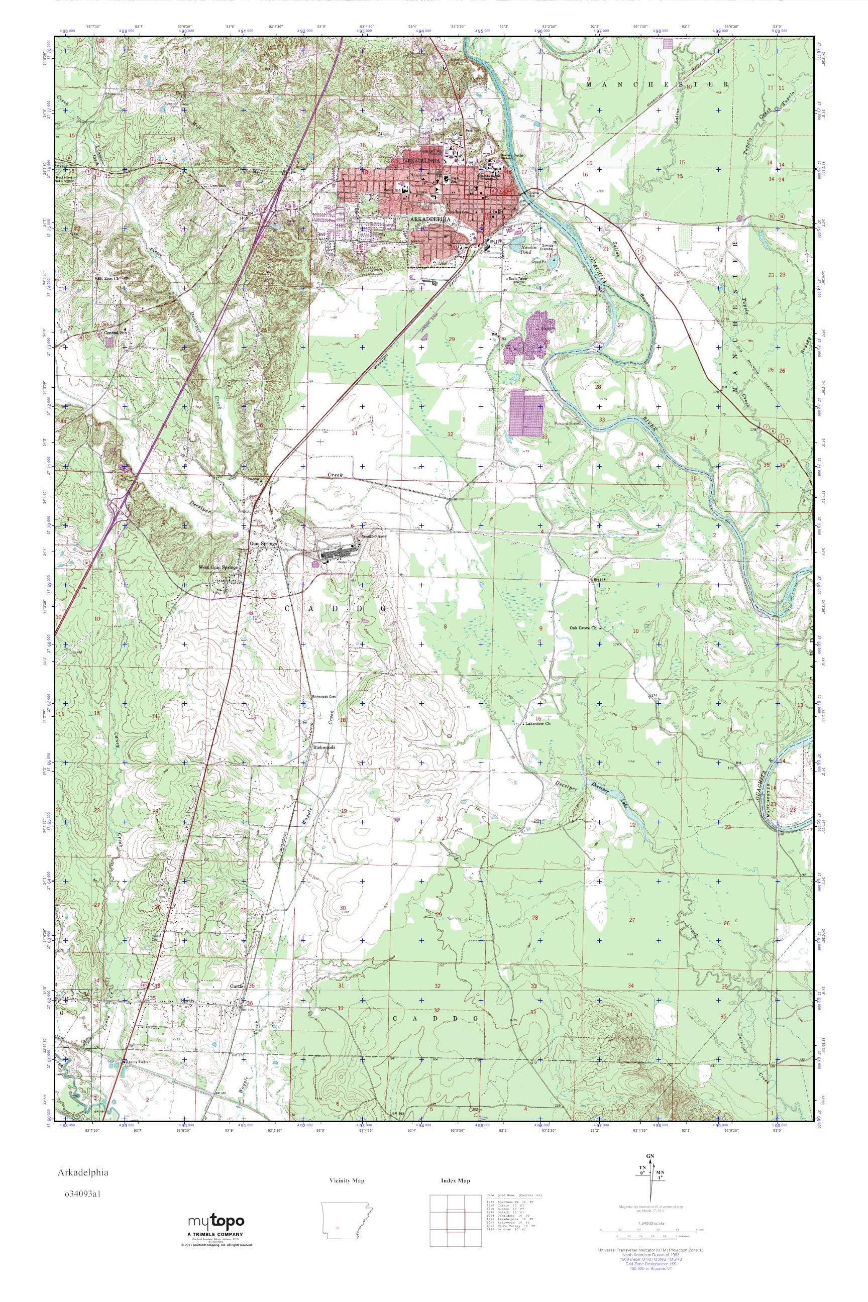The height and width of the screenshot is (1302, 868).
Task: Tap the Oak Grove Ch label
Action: point(583,628)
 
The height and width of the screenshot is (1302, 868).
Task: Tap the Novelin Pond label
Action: point(522,249)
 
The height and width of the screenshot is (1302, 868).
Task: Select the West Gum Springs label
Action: point(219,568)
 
